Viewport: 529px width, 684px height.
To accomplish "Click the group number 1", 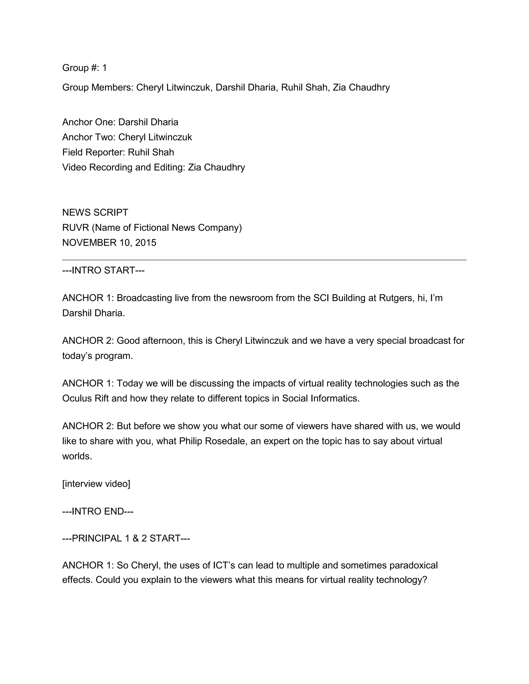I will tap(104, 68).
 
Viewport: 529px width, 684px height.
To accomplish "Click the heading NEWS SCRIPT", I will tap(95, 213).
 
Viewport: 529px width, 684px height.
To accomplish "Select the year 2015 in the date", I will tap(145, 243).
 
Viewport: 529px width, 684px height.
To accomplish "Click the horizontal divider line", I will tap(264, 260).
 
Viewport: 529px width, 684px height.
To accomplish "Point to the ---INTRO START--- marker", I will tap(103, 270).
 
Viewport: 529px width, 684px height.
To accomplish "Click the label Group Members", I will tap(97, 88).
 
